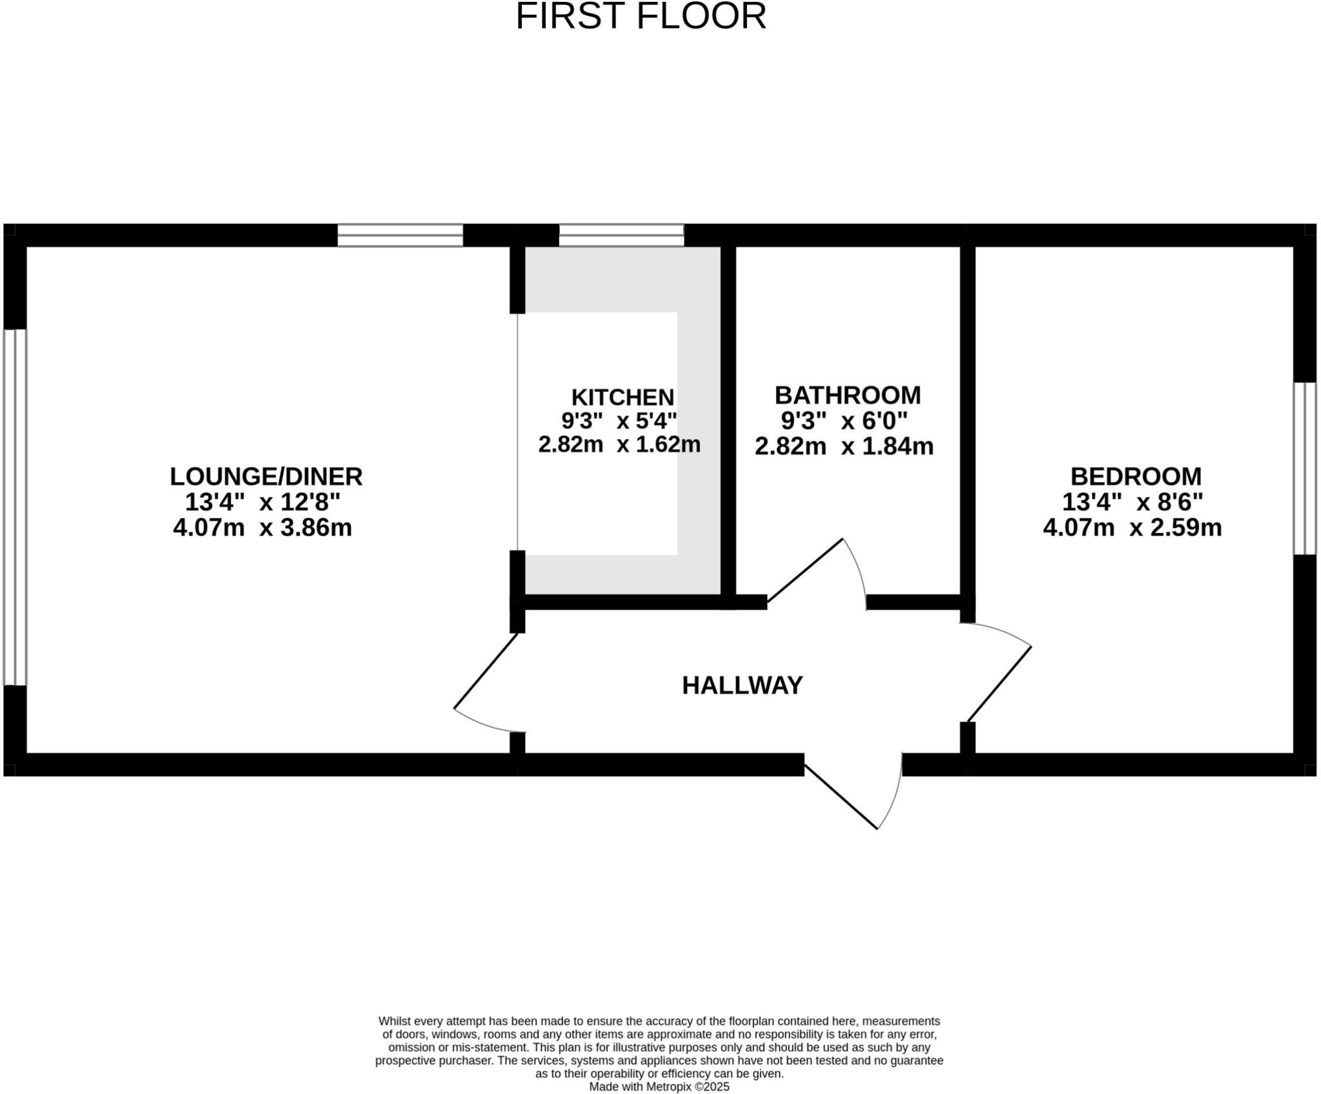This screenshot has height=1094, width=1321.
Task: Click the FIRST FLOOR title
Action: pos(641,17)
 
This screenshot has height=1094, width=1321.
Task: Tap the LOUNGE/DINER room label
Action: pos(266,476)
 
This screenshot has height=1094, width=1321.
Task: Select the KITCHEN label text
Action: pos(622,396)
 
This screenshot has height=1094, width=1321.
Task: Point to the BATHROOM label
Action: pos(848,395)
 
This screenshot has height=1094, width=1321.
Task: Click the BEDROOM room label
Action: pos(1136,476)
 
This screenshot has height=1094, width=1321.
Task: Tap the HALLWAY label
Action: pos(742,685)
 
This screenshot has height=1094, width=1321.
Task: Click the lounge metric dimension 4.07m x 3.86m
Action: pos(263,527)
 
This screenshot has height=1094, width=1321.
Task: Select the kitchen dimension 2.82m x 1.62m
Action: pos(619,445)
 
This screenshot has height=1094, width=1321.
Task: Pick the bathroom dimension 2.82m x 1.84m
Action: pos(844,446)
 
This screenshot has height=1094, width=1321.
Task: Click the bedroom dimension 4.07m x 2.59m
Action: pos(1132,527)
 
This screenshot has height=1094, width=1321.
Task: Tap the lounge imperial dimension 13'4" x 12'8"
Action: pos(263,502)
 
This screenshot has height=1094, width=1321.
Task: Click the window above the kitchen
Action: pos(621,235)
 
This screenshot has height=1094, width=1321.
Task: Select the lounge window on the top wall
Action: pos(400,235)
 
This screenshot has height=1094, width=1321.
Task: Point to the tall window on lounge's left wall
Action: pos(15,507)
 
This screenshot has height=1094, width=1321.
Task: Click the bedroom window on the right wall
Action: pos(1305,469)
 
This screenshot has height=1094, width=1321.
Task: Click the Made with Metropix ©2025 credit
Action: pos(659,1086)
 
